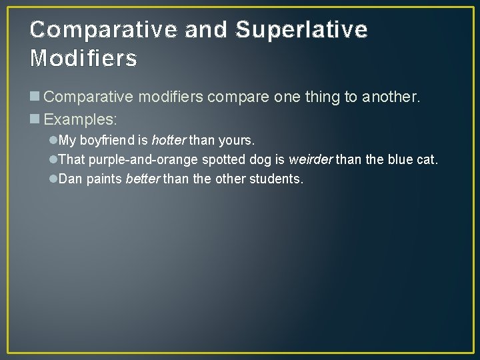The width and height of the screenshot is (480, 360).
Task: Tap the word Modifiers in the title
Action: click(x=84, y=59)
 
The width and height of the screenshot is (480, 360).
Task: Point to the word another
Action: click(x=391, y=97)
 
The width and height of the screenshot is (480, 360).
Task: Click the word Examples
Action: click(x=80, y=120)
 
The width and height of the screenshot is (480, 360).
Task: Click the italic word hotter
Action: click(x=169, y=141)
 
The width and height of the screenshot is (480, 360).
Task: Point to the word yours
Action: click(x=236, y=141)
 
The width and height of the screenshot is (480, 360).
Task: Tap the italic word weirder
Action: click(x=310, y=161)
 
